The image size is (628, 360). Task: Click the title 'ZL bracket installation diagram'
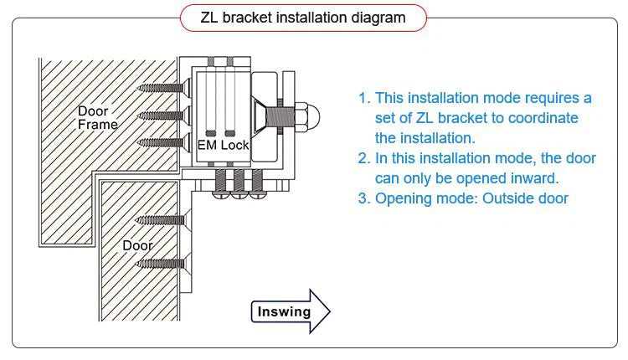303,17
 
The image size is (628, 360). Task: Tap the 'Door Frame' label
97,118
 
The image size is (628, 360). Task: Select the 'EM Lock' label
223,146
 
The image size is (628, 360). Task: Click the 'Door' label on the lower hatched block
138,245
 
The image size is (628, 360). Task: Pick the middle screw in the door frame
162,114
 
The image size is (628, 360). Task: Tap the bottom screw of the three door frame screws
162,141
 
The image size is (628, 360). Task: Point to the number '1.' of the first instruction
364,98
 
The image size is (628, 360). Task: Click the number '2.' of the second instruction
364,158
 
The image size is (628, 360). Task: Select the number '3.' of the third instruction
364,198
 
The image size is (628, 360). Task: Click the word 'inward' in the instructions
534,178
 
